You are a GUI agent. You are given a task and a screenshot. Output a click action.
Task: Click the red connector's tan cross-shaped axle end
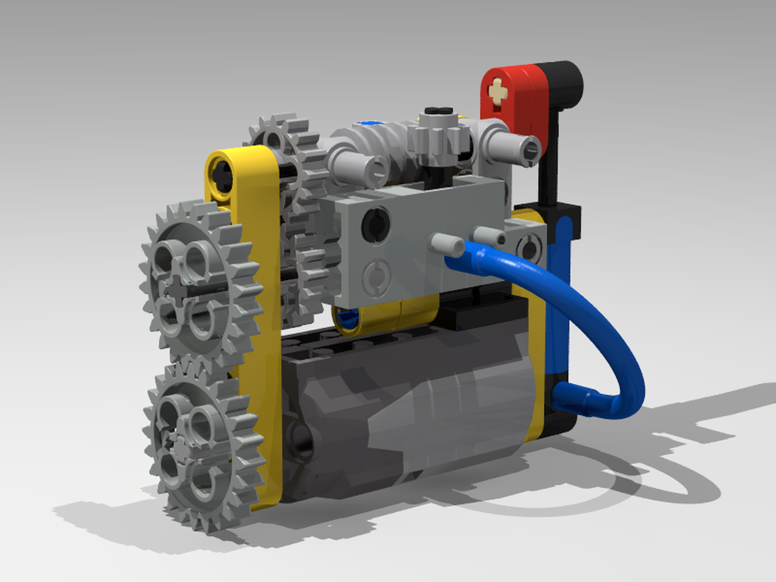click(x=497, y=94)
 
